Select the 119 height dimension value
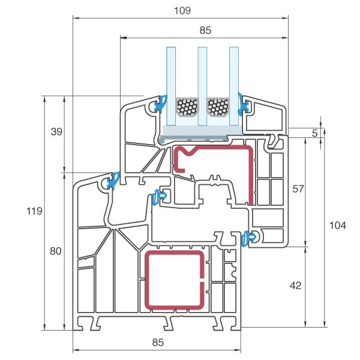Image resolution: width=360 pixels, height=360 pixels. pos(35,211)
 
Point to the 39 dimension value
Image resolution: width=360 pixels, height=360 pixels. pos(56,131)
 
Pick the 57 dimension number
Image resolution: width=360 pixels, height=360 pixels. pos(298,188)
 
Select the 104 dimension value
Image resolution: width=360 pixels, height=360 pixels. pos(338,225)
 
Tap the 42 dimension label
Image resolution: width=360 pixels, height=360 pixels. pos(295,286)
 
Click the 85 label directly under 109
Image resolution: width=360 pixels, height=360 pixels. pos(204,29)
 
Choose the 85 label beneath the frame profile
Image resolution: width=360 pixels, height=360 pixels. pos(157,343)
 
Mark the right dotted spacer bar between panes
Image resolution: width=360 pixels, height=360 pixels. pos(218,107)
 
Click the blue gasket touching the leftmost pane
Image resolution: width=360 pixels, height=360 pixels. pos(160,104)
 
